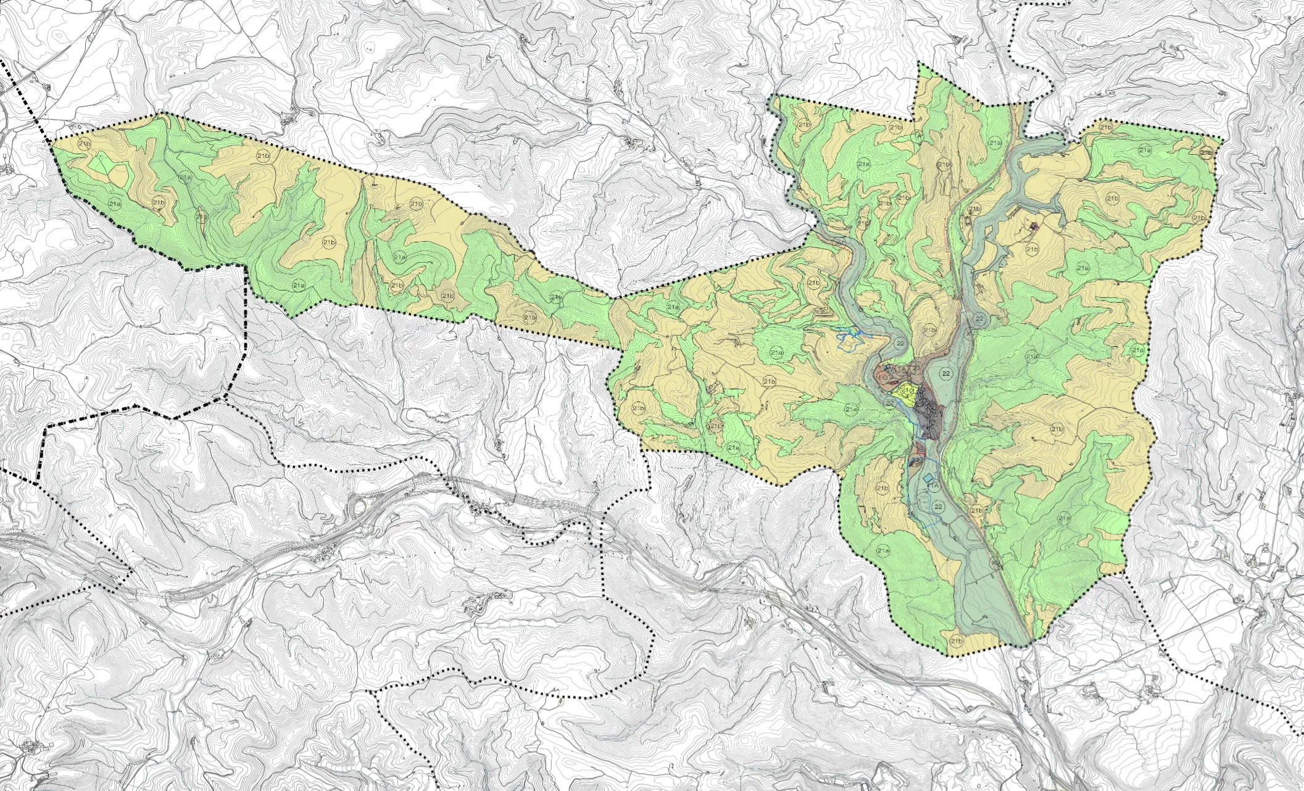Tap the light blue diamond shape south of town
[x=928, y=478]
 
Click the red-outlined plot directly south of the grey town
[x=920, y=449]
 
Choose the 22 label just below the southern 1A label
[x=939, y=507]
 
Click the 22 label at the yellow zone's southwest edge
[x=889, y=403]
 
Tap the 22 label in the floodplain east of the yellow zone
[x=944, y=374]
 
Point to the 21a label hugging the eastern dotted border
[x=1138, y=350]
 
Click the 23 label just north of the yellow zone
[x=916, y=368]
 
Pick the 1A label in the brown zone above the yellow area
[x=901, y=369]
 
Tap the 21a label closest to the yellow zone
[x=852, y=410]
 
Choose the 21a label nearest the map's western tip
[x=114, y=202]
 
